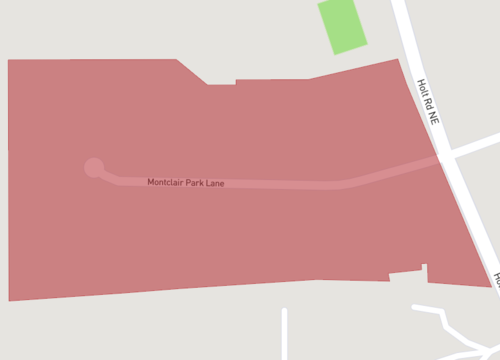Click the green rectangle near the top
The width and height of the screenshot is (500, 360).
(x=342, y=26)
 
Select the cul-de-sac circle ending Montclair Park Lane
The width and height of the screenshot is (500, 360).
(x=94, y=167)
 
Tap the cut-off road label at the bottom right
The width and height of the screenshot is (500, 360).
(x=495, y=276)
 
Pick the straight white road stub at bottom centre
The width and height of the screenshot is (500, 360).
(x=285, y=334)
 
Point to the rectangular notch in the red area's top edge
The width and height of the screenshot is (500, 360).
(x=221, y=80)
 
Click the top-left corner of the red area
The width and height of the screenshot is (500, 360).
(x=9, y=61)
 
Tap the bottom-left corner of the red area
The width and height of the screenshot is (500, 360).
(x=10, y=299)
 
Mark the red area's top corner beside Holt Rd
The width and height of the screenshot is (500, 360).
(x=398, y=59)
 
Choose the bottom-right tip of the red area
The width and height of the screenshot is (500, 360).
(x=490, y=287)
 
